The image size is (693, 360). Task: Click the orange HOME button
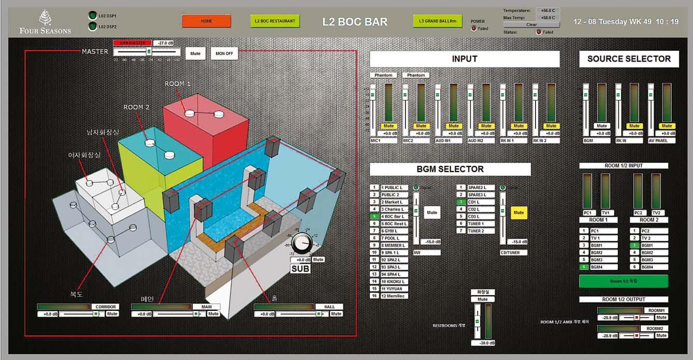(x=206, y=21)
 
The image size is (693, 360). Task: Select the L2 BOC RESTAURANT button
(x=275, y=21)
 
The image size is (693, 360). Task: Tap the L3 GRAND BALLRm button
(x=438, y=21)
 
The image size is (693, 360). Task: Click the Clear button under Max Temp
(x=531, y=24)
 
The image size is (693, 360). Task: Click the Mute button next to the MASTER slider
(x=195, y=53)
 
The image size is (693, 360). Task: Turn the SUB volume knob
(x=300, y=242)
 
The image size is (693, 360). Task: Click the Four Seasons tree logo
(x=45, y=17)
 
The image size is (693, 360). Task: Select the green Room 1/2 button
(x=623, y=281)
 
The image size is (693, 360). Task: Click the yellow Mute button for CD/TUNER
(x=518, y=212)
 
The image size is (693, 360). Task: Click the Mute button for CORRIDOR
(x=112, y=314)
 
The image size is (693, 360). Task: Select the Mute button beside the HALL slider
(x=336, y=314)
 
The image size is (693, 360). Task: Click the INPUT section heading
(x=465, y=59)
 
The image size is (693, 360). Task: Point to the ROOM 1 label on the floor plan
(x=178, y=83)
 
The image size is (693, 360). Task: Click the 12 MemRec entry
(x=394, y=296)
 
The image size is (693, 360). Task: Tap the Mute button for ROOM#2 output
(x=661, y=336)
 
